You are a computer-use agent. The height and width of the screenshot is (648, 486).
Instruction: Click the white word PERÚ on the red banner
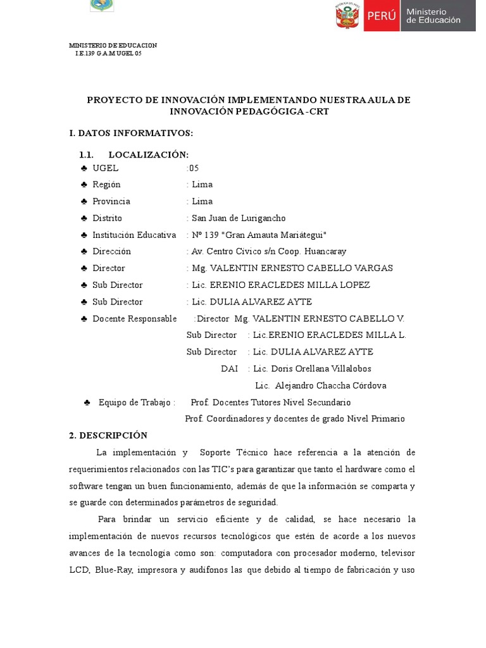381,16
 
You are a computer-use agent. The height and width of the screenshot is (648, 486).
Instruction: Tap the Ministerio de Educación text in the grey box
433,16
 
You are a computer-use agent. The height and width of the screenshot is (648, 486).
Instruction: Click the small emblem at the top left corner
102,5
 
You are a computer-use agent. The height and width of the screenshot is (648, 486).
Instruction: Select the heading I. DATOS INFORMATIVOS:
131,133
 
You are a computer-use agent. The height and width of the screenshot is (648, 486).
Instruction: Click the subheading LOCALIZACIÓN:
148,155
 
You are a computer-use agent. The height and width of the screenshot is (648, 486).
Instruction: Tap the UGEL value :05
192,168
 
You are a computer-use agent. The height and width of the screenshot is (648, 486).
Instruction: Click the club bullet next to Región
84,185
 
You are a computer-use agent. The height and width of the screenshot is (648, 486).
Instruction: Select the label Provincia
111,201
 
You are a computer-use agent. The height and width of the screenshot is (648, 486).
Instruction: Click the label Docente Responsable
134,318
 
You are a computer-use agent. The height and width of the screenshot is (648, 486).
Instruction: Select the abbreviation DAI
229,368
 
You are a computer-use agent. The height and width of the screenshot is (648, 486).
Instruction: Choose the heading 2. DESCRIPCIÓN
108,435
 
